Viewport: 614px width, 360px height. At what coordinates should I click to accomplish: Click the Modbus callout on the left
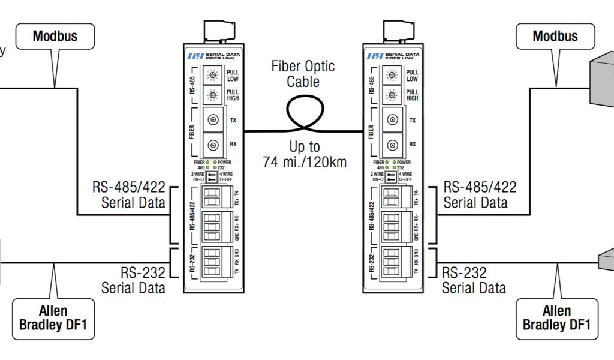coord(55,36)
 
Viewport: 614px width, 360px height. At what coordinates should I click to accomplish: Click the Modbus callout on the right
coord(555,36)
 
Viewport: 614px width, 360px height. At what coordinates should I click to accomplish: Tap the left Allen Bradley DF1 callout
coord(53,318)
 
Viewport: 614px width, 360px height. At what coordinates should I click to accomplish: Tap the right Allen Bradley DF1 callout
coord(556,318)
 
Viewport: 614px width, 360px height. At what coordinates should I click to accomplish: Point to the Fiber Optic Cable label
coord(303,74)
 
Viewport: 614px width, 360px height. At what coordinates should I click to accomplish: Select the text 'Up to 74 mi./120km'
coord(304,154)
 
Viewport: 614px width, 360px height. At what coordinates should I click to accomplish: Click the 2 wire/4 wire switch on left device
coord(212,176)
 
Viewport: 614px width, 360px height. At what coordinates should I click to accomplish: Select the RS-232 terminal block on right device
coord(391,262)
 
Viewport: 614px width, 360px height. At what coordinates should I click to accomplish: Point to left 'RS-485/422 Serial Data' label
coord(128,194)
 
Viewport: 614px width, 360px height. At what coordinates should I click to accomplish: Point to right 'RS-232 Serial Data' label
coord(473,280)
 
